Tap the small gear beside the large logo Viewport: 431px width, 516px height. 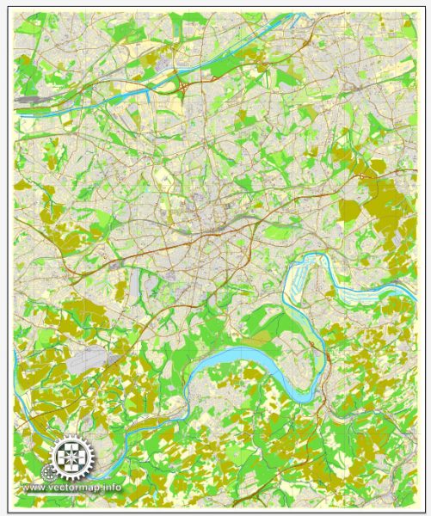point(46,472)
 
